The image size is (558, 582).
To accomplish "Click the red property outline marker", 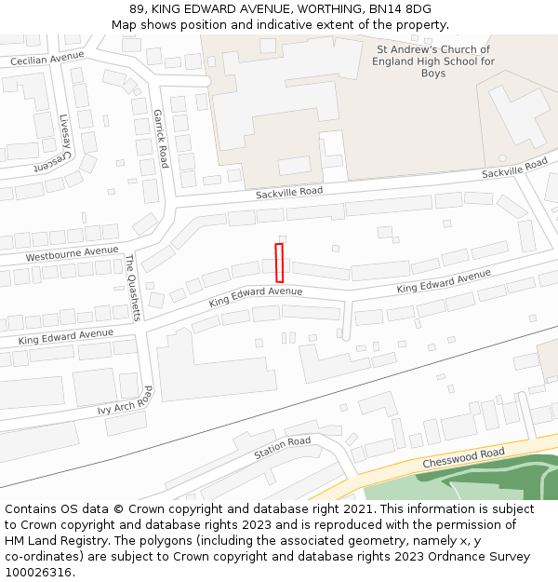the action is pyautogui.click(x=279, y=263).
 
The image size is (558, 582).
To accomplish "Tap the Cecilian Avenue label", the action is pyautogui.click(x=46, y=58).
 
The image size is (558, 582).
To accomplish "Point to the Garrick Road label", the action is pyautogui.click(x=161, y=138).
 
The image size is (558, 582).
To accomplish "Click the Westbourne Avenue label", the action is pyautogui.click(x=73, y=253).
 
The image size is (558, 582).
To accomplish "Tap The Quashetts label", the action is pyautogui.click(x=132, y=287).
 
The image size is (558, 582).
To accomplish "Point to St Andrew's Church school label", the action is pyautogui.click(x=433, y=61).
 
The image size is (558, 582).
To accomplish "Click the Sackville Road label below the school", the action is pyautogui.click(x=289, y=191).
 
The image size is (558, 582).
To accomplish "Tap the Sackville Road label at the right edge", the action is pyautogui.click(x=514, y=169).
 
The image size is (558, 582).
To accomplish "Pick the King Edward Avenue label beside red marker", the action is pyautogui.click(x=256, y=296).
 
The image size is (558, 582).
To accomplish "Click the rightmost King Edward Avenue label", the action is pyautogui.click(x=444, y=281).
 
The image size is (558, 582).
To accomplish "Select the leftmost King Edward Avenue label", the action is pyautogui.click(x=65, y=337).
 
